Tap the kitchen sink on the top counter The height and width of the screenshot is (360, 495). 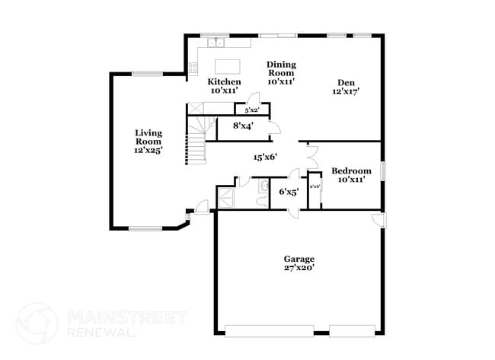[216, 42]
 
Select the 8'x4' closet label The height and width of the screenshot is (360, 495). [243, 126]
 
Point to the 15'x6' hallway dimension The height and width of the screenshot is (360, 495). [265, 158]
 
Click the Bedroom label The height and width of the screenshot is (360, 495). [351, 171]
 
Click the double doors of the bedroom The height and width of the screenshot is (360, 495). [311, 156]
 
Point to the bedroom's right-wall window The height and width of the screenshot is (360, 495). [383, 171]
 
